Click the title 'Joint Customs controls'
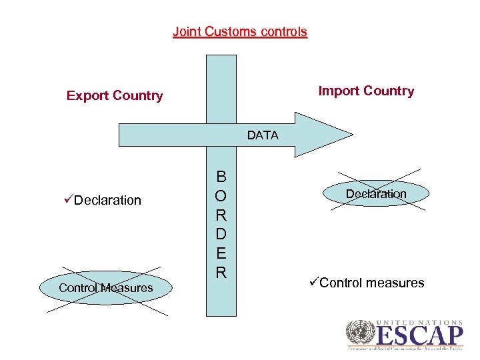[x=240, y=31]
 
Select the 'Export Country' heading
[x=115, y=95]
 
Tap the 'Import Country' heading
[x=366, y=91]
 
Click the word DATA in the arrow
[x=263, y=135]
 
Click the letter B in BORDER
[x=221, y=177]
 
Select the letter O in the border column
[x=221, y=196]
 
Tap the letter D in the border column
[x=221, y=235]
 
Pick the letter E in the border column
[x=221, y=253]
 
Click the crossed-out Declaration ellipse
[x=376, y=193]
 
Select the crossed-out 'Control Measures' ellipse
[x=105, y=288]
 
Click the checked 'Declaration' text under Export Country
[x=108, y=200]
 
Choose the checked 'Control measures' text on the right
[x=372, y=283]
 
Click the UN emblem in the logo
[x=361, y=334]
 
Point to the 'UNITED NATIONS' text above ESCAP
[x=420, y=322]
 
